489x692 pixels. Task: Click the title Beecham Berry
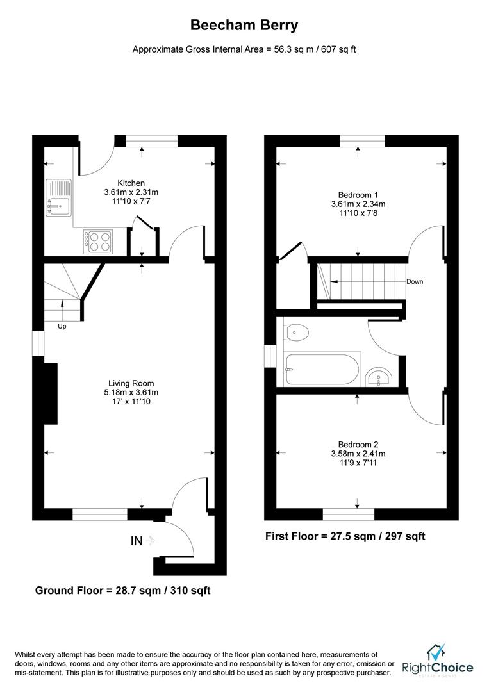click(244, 26)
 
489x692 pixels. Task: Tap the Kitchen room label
click(131, 183)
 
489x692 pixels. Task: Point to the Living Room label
click(131, 383)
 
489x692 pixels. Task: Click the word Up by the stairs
click(62, 326)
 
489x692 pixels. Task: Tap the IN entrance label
click(137, 541)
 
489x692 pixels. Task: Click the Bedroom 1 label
click(358, 195)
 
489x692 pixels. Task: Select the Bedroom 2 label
click(358, 444)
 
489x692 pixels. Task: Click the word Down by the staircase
click(414, 282)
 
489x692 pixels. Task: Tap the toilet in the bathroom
click(297, 332)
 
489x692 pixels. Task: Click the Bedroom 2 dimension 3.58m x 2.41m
click(358, 454)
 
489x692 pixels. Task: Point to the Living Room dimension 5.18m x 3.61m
click(131, 392)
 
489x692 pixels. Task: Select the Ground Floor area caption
click(122, 590)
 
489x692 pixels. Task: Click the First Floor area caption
click(345, 536)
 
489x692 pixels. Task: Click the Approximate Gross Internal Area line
click(244, 49)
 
